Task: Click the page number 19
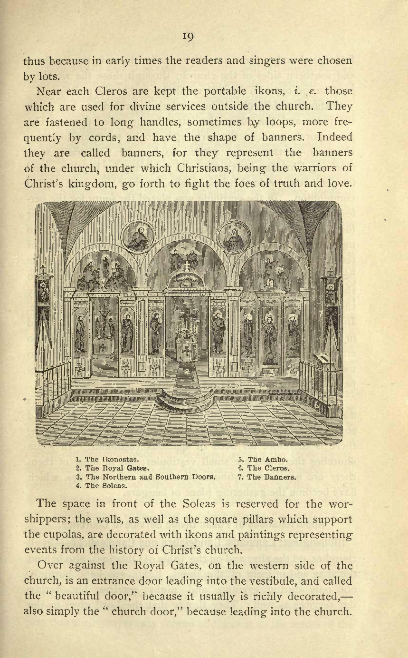189,37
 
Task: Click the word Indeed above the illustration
335,137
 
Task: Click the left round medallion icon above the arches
138,236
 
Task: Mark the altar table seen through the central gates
186,350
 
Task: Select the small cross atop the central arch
187,265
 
